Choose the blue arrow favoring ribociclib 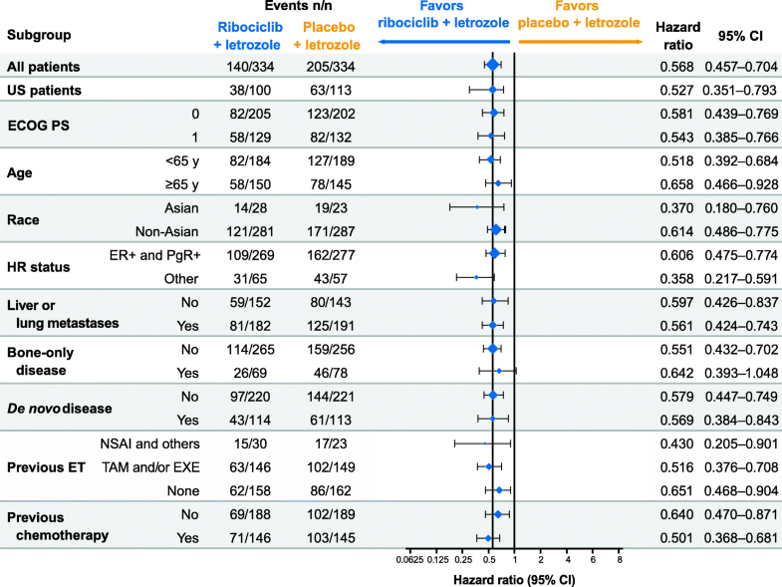click(x=443, y=43)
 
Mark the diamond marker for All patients click(x=492, y=66)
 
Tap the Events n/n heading click(x=292, y=9)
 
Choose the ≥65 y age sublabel click(x=181, y=184)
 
